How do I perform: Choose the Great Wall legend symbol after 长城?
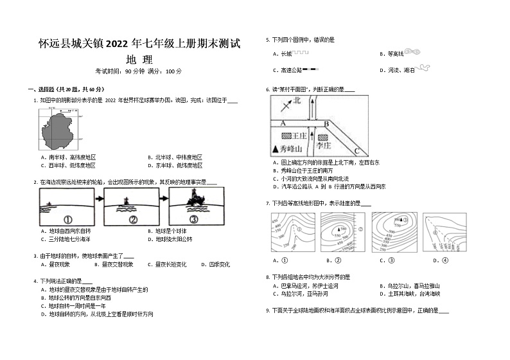point(302,53)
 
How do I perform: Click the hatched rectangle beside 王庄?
point(286,136)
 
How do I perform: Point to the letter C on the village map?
point(356,151)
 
